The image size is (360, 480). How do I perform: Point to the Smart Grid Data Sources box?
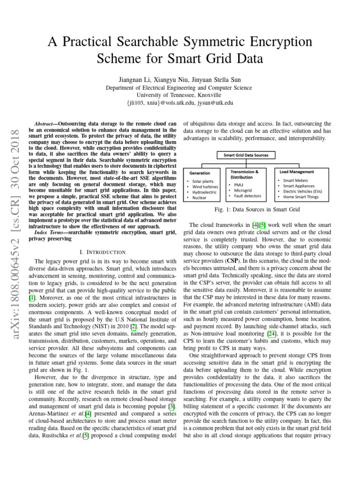click(246, 155)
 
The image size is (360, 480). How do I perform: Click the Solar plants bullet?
click(202, 181)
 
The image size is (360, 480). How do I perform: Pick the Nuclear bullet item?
click(200, 198)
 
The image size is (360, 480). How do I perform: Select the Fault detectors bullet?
click(247, 195)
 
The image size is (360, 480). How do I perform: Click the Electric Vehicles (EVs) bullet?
click(302, 191)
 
